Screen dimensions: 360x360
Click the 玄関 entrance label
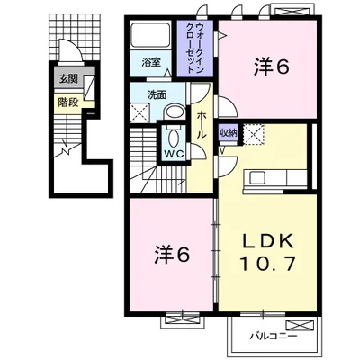(68, 79)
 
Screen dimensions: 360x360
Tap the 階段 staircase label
(68, 103)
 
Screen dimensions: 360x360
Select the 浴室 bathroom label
(151, 63)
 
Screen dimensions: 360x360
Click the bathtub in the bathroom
(150, 35)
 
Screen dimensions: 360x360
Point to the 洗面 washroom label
(157, 95)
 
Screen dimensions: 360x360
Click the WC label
(175, 155)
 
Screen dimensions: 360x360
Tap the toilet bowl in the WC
(174, 138)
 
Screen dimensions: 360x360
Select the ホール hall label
(202, 125)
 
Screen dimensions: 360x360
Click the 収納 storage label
(229, 133)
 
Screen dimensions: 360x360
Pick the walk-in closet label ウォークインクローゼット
(195, 48)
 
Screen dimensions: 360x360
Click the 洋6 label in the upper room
(272, 67)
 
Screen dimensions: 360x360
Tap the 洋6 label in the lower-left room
(172, 255)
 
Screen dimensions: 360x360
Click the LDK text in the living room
(268, 240)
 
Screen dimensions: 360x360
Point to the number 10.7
(268, 263)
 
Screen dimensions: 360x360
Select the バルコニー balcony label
(274, 336)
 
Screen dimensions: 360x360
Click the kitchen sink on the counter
(257, 178)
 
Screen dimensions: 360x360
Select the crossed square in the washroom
(139, 112)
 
